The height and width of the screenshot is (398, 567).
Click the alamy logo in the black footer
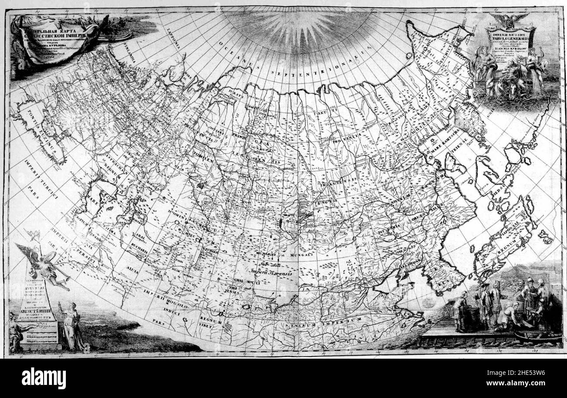coord(44,378)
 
